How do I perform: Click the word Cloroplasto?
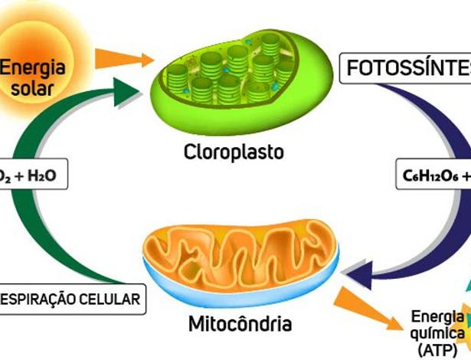tap(233, 152)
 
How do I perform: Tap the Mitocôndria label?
tap(240, 323)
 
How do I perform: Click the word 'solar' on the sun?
tap(33, 88)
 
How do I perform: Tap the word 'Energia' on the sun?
tap(32, 67)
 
